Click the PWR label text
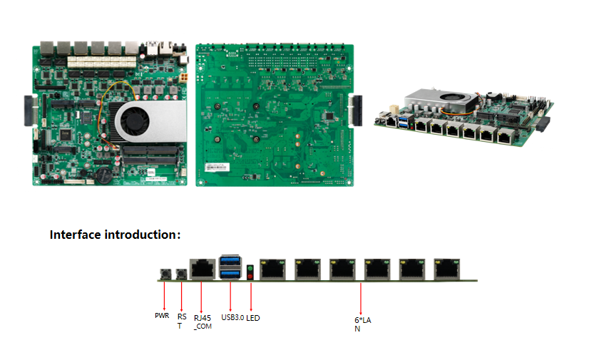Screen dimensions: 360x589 click(162, 315)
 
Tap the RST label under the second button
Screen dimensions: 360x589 click(182, 320)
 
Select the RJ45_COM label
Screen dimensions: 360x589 click(203, 322)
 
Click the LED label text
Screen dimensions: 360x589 click(252, 318)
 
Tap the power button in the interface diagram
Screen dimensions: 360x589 click(165, 274)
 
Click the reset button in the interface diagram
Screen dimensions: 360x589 click(181, 274)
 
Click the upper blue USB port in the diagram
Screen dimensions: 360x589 click(230, 260)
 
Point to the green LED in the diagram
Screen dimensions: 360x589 click(250, 267)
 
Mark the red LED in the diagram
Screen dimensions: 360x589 click(250, 276)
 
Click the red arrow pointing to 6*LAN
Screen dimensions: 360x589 click(362, 297)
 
